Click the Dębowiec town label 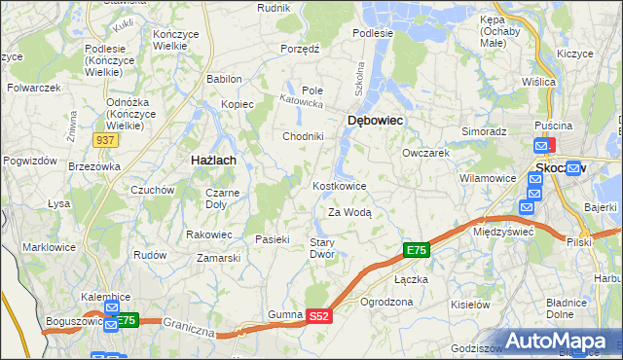pos(375,120)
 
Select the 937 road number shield pos(106,140)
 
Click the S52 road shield pos(320,316)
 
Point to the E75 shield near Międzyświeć pos(416,251)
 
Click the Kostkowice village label pos(339,186)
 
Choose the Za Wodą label pos(349,212)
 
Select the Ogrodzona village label pos(386,302)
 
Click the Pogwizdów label pos(27,160)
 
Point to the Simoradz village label pos(484,130)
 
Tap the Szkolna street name pos(359,76)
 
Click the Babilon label pos(224,79)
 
